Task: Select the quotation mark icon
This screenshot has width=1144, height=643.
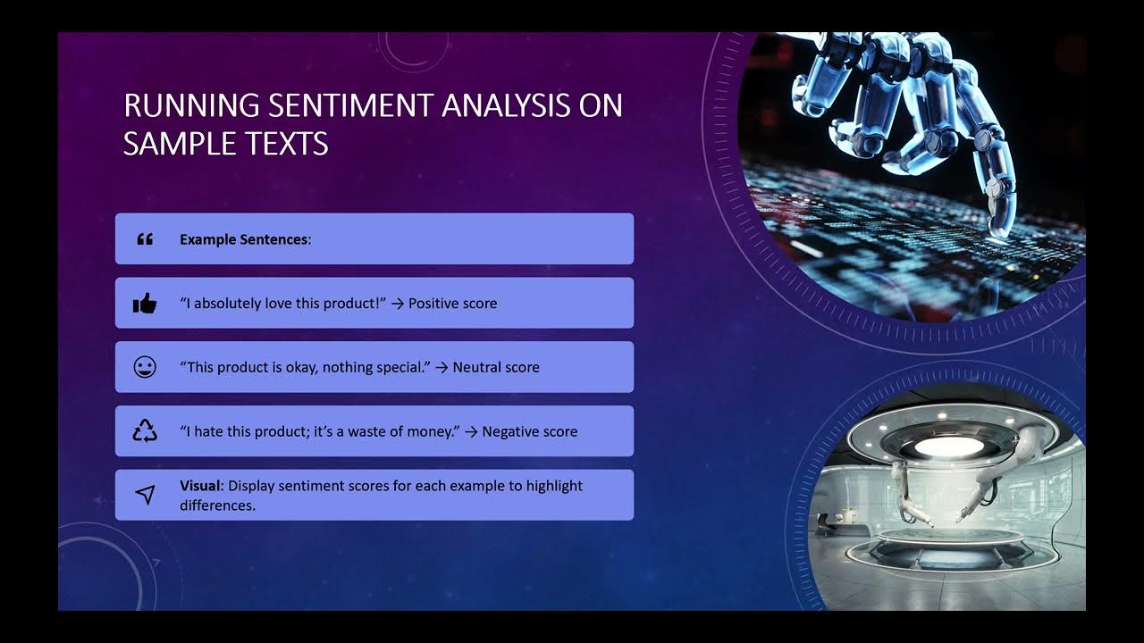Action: click(145, 239)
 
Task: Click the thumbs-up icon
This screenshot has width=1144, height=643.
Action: click(145, 304)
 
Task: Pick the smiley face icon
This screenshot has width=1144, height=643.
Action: click(145, 367)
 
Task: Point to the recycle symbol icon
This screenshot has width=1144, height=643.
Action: click(145, 431)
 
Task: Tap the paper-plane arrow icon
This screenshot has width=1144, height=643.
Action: click(145, 495)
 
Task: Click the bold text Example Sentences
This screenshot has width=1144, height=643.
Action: click(243, 239)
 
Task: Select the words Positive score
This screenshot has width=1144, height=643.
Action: click(452, 304)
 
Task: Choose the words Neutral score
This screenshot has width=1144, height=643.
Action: click(496, 367)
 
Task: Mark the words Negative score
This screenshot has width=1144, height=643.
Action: click(529, 431)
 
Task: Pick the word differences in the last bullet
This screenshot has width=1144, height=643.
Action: click(216, 505)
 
